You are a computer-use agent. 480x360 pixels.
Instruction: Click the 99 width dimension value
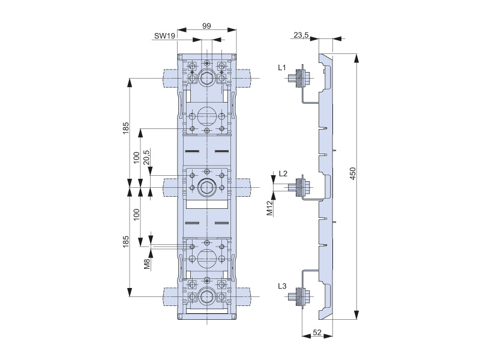(x=206, y=26)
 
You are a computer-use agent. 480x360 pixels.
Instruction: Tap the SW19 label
(x=164, y=36)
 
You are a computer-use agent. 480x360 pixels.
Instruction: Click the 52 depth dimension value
(x=318, y=333)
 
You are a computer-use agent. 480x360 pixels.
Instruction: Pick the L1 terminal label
(x=283, y=68)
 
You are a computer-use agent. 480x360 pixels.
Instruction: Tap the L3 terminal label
(x=283, y=286)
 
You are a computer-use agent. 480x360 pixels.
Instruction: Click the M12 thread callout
(x=270, y=208)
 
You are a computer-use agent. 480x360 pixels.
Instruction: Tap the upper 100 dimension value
(x=137, y=158)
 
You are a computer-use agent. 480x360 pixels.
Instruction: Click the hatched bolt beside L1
(x=298, y=79)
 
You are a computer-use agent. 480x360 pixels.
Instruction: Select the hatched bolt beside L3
(x=298, y=296)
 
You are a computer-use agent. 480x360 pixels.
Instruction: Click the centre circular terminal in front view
(x=207, y=187)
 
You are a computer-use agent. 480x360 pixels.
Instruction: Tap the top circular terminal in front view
(x=207, y=78)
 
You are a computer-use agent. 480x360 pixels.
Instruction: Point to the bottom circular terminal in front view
(x=207, y=296)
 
